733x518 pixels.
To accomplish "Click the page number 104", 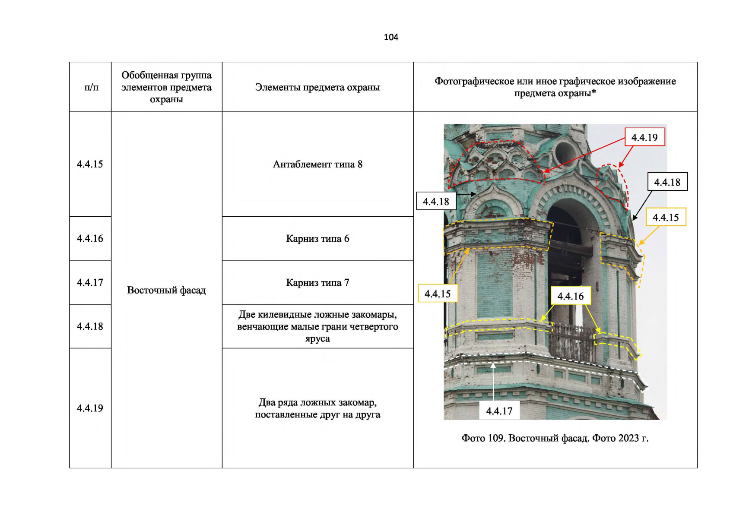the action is [x=391, y=37].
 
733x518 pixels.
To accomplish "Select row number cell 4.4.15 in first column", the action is [x=90, y=164].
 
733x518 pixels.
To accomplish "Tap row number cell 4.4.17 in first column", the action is [x=90, y=282].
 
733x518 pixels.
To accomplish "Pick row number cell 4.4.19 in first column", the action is [x=90, y=408].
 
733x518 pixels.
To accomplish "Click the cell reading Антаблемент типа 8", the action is [x=318, y=164].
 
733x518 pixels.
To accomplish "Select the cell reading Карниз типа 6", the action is [x=318, y=238].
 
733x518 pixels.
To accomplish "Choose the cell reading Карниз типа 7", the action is [x=318, y=282].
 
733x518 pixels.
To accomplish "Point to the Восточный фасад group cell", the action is [x=167, y=290].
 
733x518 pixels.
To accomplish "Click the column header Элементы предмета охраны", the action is [x=318, y=87].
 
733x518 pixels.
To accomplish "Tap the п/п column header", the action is [x=91, y=87].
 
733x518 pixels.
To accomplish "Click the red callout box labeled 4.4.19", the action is [x=644, y=137].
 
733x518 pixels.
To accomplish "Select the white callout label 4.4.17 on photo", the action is [x=499, y=411].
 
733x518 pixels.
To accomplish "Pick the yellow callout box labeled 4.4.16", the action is [x=570, y=296].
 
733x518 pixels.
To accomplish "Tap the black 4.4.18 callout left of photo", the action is [x=436, y=201].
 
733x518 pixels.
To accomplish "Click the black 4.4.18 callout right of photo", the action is [x=667, y=182].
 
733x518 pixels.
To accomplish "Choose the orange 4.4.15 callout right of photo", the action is [x=666, y=217].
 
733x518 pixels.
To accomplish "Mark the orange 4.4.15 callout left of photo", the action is [x=438, y=294].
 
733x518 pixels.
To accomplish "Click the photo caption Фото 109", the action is [x=555, y=438].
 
